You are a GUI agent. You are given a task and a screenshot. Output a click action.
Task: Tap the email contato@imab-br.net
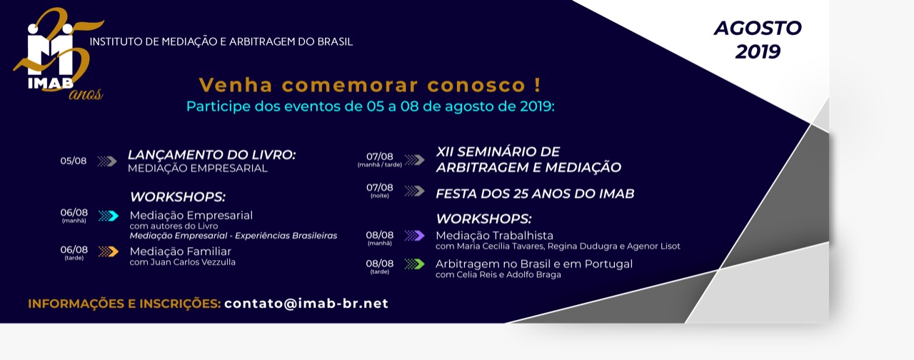click(306, 304)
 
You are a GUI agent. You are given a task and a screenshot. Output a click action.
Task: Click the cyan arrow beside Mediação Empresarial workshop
click(109, 216)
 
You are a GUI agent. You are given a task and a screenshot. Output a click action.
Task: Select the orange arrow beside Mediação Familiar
click(109, 252)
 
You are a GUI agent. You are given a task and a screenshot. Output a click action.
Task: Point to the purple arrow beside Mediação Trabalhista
click(415, 236)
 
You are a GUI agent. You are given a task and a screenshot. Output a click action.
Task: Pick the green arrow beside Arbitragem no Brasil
click(415, 264)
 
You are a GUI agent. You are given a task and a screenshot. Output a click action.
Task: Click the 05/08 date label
click(74, 161)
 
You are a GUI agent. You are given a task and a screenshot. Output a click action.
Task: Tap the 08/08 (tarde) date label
click(379, 266)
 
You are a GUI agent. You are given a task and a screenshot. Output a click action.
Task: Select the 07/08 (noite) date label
click(379, 191)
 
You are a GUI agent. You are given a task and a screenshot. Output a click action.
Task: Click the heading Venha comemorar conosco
click(370, 85)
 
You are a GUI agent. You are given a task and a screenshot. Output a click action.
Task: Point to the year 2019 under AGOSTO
click(758, 52)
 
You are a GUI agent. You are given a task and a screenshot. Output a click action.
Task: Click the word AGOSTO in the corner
click(758, 28)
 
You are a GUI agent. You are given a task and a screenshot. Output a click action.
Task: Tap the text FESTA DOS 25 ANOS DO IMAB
click(535, 194)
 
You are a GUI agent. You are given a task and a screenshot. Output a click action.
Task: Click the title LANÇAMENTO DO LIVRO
click(211, 155)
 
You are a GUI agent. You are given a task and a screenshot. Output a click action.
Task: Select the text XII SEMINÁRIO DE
click(498, 152)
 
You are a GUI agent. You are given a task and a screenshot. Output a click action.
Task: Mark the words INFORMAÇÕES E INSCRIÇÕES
click(124, 304)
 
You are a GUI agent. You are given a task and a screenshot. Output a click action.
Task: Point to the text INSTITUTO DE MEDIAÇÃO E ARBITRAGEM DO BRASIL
click(221, 41)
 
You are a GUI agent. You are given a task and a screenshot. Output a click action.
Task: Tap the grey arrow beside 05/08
click(107, 161)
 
